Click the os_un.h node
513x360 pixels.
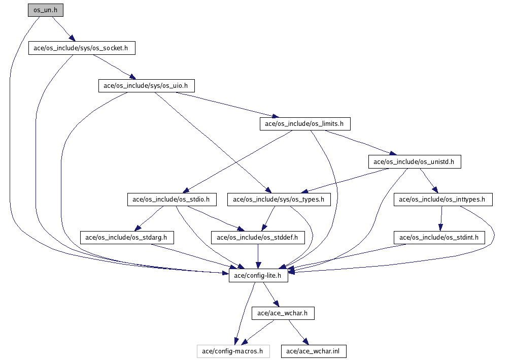[46, 10]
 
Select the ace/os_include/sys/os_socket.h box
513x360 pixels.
[82, 48]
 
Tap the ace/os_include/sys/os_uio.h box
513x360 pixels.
[146, 86]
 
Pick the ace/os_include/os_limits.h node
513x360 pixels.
[304, 123]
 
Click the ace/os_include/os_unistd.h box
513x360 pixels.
[415, 162]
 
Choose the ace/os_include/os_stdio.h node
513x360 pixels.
[172, 200]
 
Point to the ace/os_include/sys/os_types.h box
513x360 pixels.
[279, 200]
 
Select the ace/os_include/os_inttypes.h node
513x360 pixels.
[442, 200]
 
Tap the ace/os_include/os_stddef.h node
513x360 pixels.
[258, 237]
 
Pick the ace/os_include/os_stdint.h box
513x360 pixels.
[439, 237]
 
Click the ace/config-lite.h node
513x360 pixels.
[258, 276]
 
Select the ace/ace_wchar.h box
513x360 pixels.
[283, 313]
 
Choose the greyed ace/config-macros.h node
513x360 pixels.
[233, 351]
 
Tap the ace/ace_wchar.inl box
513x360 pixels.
[313, 351]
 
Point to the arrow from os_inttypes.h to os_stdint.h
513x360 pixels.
[440, 218]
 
